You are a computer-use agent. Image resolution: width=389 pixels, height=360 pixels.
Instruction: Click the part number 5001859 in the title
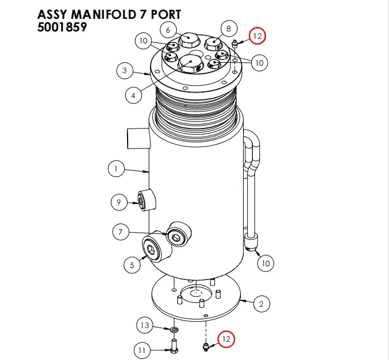[62, 26]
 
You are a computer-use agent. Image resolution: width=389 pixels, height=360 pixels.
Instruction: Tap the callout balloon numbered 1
[116, 169]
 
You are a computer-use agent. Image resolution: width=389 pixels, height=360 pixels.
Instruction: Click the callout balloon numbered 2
[261, 303]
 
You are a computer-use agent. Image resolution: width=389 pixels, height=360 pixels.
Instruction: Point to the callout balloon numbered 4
[133, 95]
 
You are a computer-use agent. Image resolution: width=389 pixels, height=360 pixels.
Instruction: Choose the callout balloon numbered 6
[168, 29]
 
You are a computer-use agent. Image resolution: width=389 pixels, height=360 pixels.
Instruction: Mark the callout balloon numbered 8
[228, 28]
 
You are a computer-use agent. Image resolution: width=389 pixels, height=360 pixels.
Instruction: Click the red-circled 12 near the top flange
[257, 36]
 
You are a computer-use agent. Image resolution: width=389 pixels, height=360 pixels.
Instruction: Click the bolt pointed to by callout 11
[173, 345]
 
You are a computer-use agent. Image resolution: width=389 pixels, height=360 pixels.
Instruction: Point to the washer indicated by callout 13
[173, 330]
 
